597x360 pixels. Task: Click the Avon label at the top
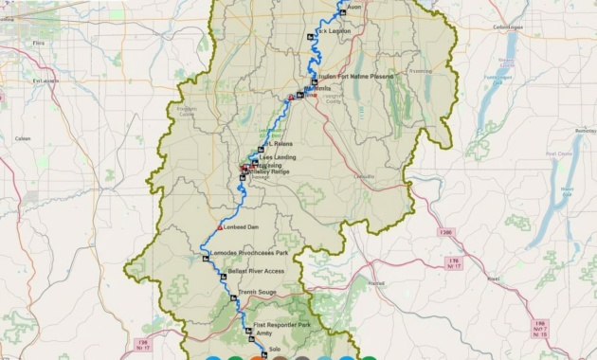tap(355, 7)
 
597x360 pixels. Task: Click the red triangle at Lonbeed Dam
tap(220, 227)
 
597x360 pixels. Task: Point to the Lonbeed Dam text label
tap(240, 227)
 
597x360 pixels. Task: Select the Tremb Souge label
tap(257, 292)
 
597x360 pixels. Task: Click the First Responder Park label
tap(282, 325)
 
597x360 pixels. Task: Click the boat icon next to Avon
tap(343, 12)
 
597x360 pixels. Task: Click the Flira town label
tap(38, 43)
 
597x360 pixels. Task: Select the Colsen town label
tap(23, 138)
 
